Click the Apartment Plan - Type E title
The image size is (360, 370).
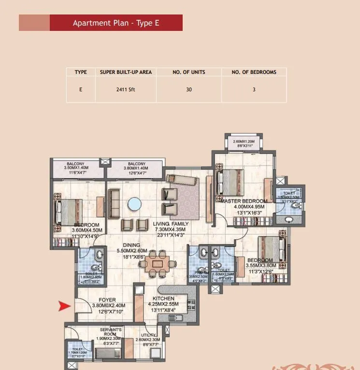116,23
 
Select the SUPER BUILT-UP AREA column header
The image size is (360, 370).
126,72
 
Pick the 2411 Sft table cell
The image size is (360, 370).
126,89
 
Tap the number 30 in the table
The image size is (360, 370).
188,89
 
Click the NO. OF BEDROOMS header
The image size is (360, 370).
254,72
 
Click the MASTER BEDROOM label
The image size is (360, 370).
244,201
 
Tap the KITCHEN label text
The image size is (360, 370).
163,299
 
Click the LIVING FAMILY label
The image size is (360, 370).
171,224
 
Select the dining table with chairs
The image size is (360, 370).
157,263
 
